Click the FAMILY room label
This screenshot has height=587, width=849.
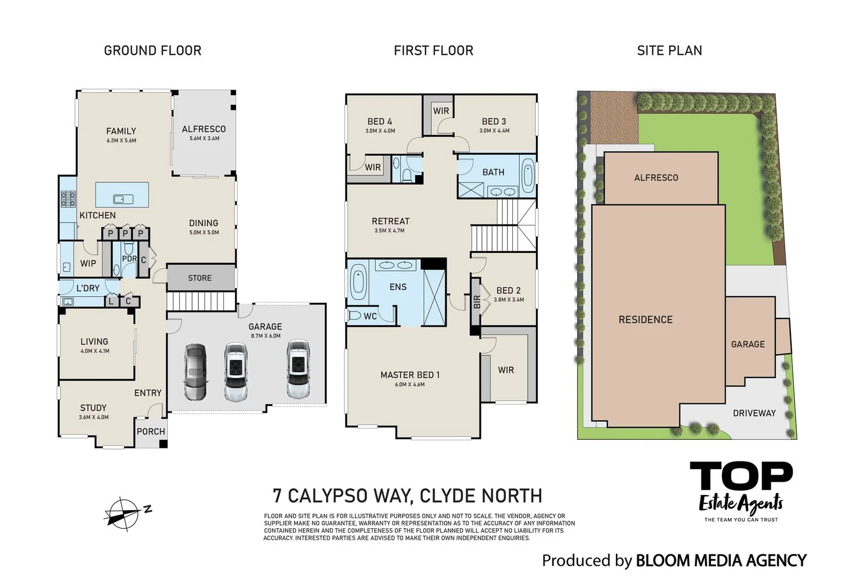coord(121,131)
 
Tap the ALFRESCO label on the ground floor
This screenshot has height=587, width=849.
coord(204,129)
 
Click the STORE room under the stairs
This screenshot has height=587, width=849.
coord(200,278)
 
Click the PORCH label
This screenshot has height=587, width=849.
coord(150,431)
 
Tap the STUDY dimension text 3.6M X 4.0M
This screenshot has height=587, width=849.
coord(93,417)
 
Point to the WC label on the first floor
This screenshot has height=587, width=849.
coord(370,316)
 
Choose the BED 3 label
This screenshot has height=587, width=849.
coord(494,121)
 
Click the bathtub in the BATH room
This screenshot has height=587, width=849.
coord(527,177)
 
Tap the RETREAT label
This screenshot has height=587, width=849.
coord(391,221)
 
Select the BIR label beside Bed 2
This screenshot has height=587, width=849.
coord(477,302)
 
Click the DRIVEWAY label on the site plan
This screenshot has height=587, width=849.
coord(754,413)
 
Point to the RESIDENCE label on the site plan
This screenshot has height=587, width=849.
coord(645,320)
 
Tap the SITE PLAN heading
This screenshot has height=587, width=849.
coord(669,51)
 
